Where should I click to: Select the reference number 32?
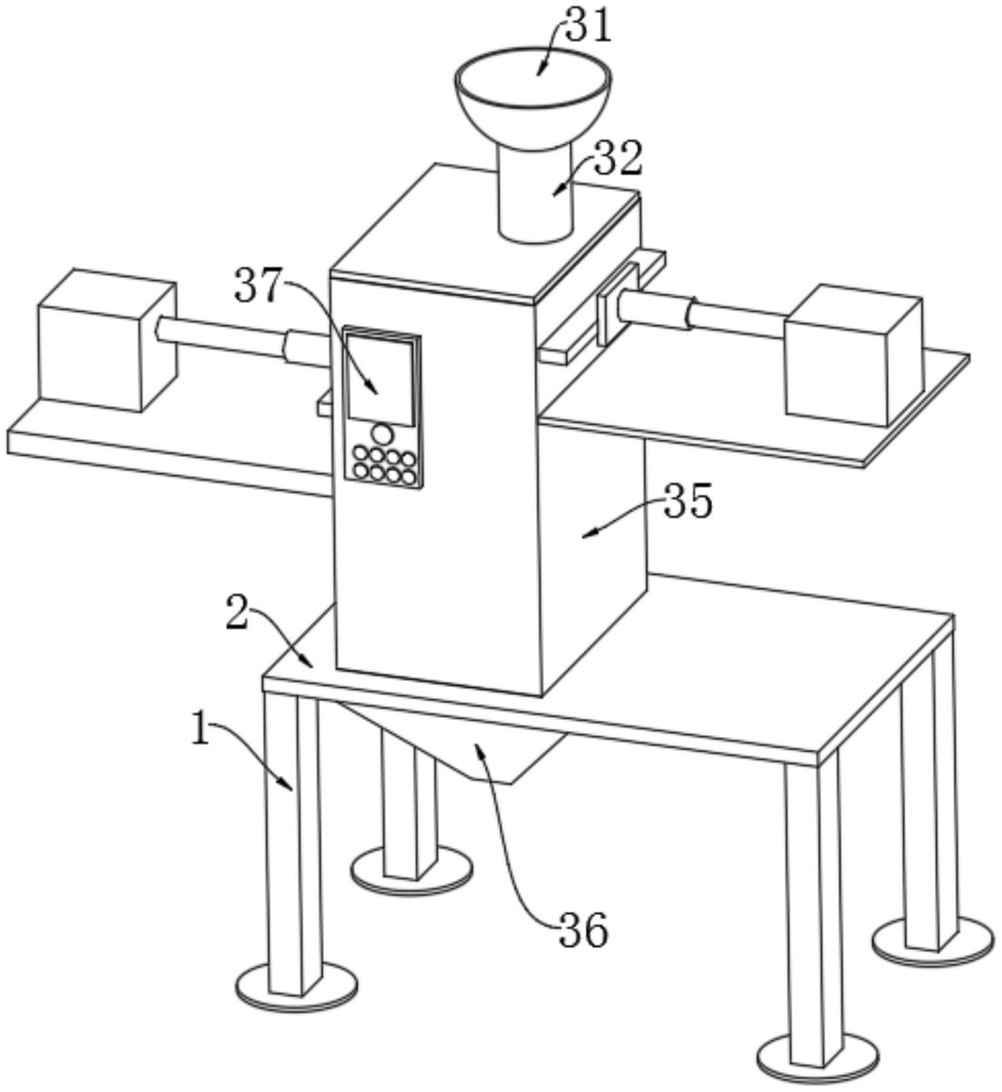(618, 159)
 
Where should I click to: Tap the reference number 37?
(258, 285)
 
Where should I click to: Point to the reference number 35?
(688, 501)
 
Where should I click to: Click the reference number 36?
(583, 931)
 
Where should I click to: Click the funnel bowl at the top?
(532, 92)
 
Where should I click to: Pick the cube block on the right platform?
(853, 355)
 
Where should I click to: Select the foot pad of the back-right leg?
(932, 943)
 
